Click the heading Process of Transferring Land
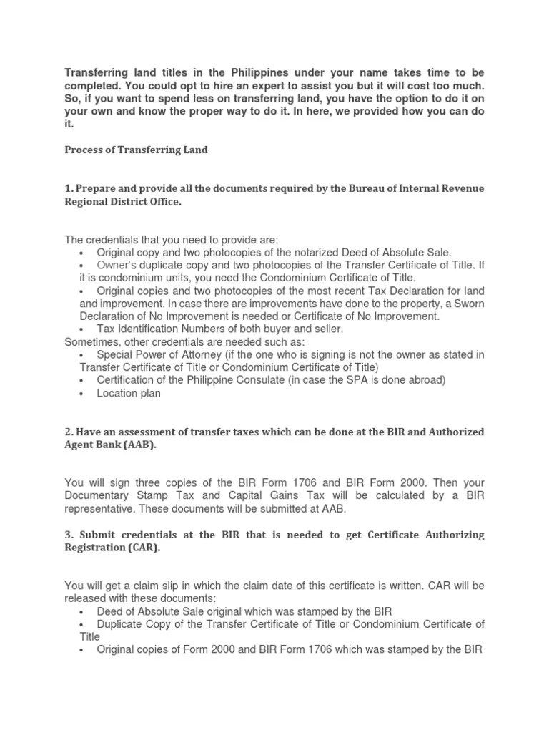(136, 150)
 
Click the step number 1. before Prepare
(69, 188)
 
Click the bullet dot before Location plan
(83, 394)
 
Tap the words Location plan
(129, 393)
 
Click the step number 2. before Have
(69, 432)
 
